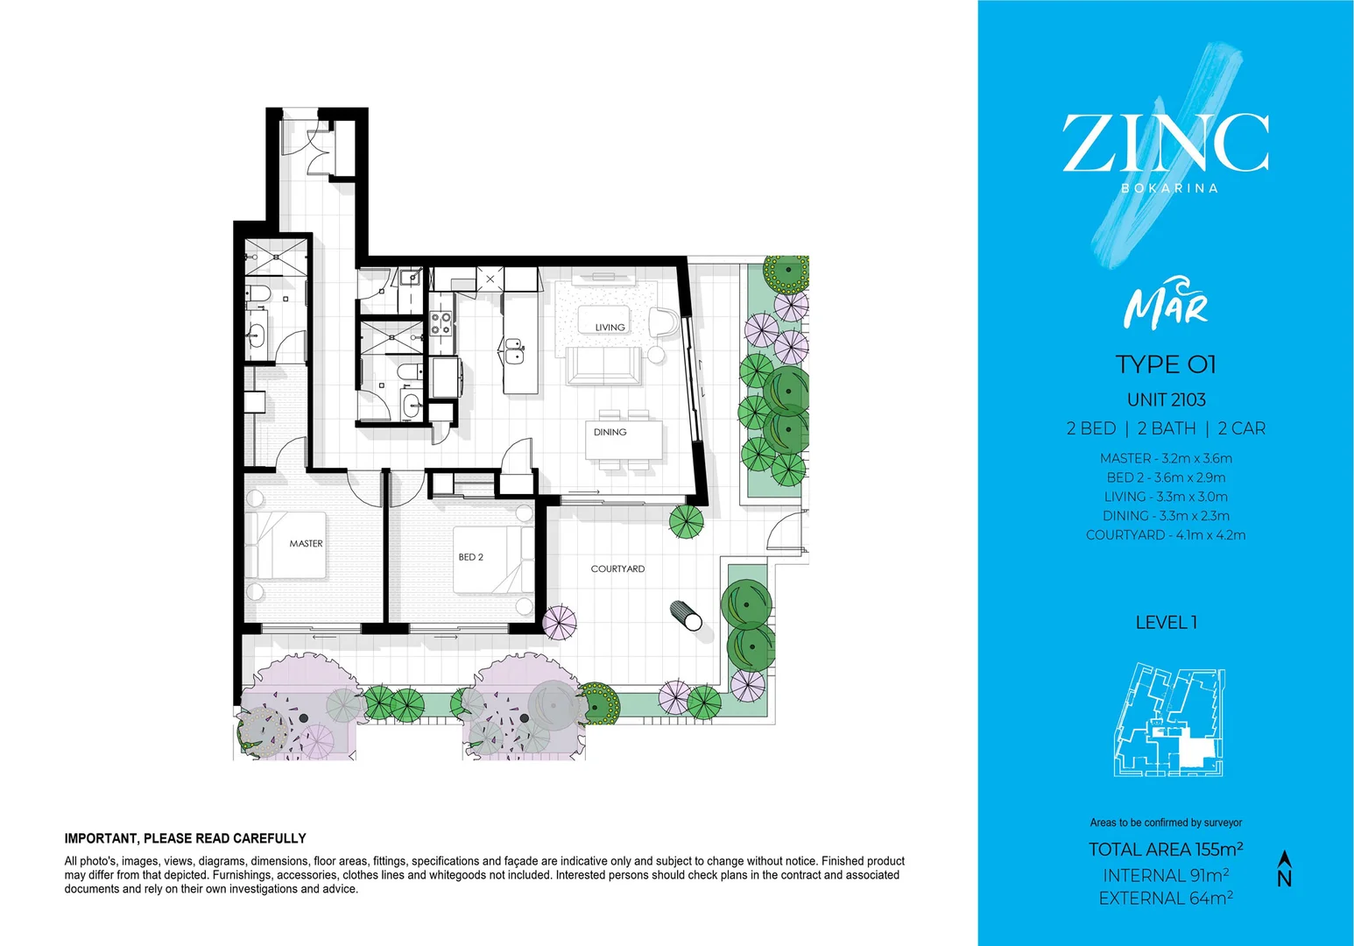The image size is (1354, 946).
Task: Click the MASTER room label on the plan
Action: click(x=306, y=544)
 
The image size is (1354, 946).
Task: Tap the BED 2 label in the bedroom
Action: click(x=470, y=557)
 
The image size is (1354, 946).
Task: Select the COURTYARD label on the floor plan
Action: click(x=617, y=569)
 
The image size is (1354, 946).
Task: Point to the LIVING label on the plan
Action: click(x=610, y=328)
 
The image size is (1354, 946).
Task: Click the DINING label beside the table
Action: click(x=610, y=433)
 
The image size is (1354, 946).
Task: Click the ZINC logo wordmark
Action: click(x=1166, y=144)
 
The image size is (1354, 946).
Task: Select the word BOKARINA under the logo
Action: click(x=1169, y=188)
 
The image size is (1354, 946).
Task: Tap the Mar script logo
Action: click(x=1166, y=304)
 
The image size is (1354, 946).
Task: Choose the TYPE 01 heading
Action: click(x=1166, y=364)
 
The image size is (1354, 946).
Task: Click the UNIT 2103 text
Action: click(x=1166, y=400)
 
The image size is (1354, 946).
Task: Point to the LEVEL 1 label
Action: click(x=1166, y=623)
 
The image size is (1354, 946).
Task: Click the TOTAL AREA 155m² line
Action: click(x=1166, y=850)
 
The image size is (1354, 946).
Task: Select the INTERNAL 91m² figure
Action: click(x=1166, y=876)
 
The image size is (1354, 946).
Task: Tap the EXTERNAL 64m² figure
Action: click(x=1166, y=899)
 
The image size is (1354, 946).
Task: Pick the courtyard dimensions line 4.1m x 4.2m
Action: click(x=1166, y=535)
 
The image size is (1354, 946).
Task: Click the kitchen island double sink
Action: click(x=513, y=350)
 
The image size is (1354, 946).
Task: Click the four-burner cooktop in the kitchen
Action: click(x=441, y=323)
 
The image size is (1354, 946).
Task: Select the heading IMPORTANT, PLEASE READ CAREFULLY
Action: click(x=185, y=838)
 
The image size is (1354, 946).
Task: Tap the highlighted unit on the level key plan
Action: click(x=1193, y=750)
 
